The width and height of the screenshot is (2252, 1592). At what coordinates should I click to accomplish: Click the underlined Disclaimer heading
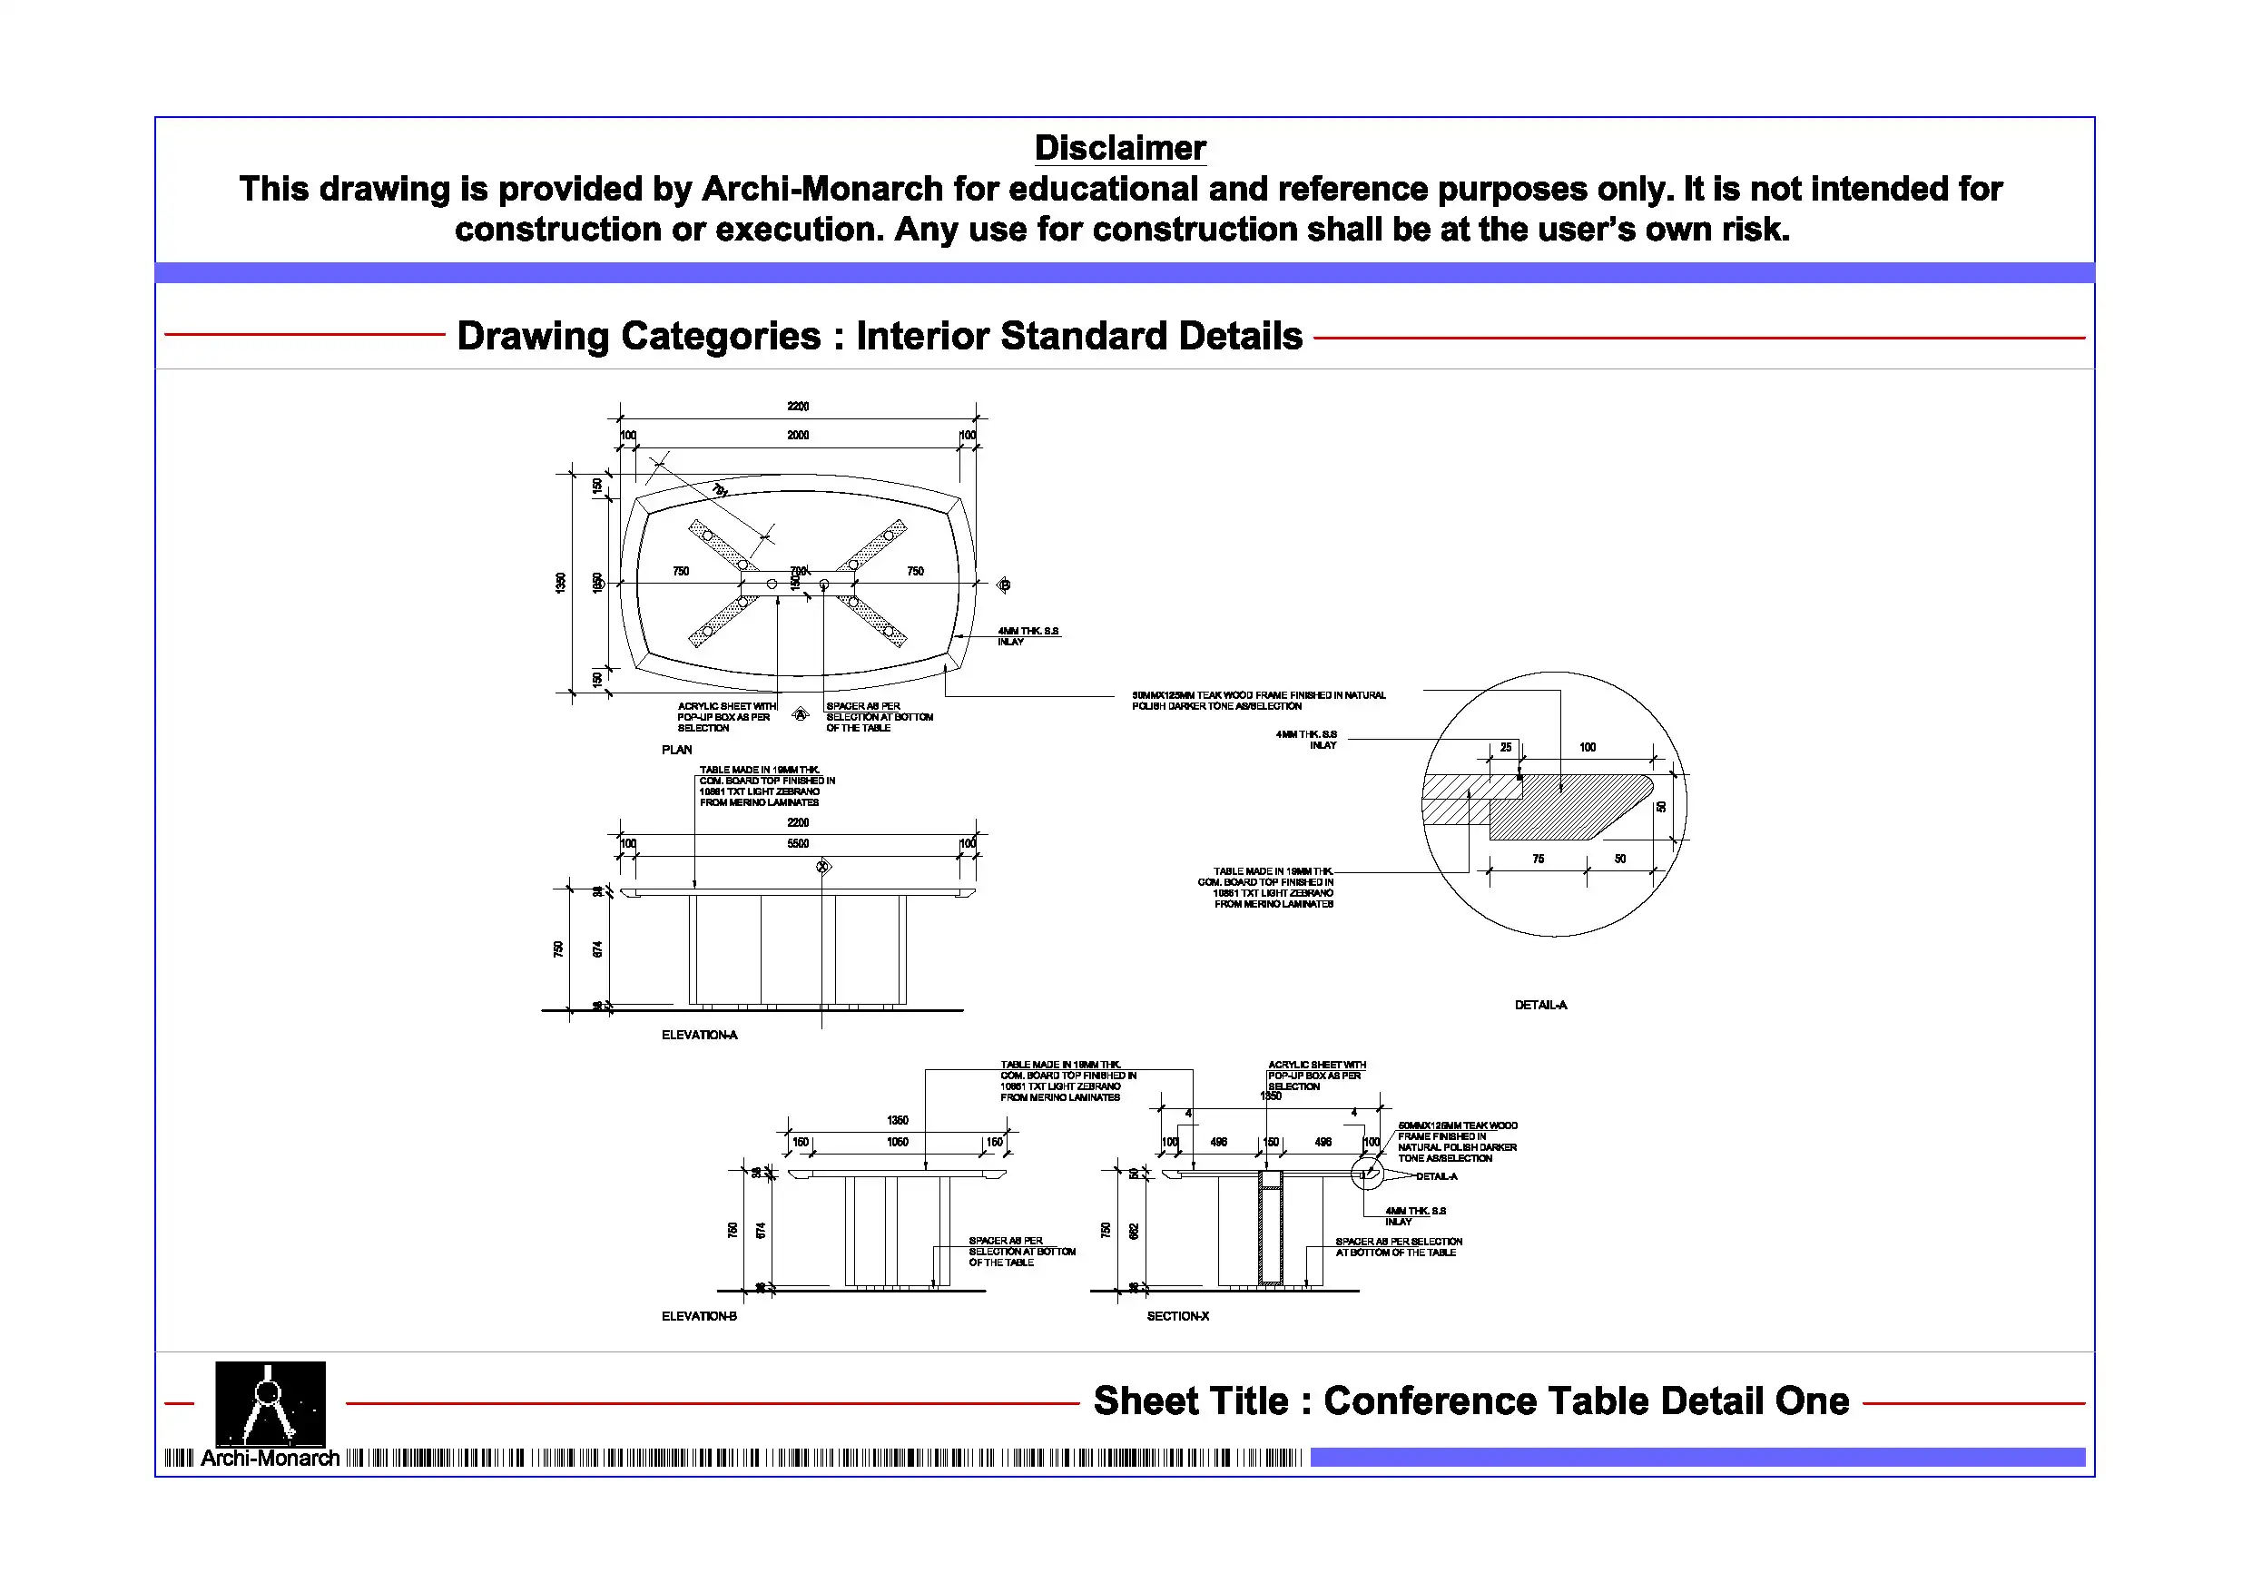[1119, 148]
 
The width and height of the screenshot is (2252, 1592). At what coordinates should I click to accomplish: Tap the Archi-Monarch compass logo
[270, 1402]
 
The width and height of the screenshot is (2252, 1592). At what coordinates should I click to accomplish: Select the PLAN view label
[676, 750]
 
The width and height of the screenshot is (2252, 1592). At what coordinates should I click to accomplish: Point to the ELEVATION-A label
[698, 1035]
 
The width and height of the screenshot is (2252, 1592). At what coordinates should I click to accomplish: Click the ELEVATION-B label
[698, 1316]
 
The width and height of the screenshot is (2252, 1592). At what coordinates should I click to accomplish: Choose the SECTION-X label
[1177, 1316]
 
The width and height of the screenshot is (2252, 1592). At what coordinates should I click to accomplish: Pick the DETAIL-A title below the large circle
[1540, 1006]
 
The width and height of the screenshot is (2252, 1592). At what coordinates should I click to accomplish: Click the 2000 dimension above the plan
[798, 436]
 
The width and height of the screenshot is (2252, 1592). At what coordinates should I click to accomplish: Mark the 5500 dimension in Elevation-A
[798, 843]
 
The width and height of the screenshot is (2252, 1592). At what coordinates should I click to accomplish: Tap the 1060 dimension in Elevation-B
[897, 1142]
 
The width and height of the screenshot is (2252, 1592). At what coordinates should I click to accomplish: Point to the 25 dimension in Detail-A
[1506, 748]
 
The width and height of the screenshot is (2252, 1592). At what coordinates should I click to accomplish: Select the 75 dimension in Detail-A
[1538, 860]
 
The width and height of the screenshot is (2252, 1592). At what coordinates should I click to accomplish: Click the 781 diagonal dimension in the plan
[720, 490]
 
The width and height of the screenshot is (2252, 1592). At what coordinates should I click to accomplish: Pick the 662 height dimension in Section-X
[1134, 1230]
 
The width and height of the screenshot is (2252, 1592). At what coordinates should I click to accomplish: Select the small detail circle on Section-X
[1366, 1174]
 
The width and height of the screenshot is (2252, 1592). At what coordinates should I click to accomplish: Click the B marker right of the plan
[1003, 585]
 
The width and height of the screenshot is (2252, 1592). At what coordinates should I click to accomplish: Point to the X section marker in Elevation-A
[823, 866]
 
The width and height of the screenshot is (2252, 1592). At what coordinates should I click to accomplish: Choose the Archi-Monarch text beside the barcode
[270, 1459]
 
